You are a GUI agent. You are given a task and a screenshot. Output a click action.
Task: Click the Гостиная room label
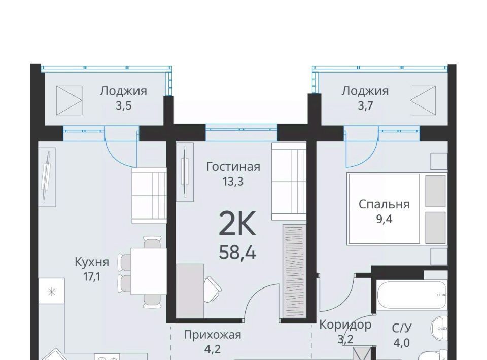pos(233,167)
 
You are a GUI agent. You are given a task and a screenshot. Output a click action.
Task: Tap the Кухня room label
pos(92,262)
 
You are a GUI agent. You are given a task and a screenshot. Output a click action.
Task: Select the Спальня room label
pos(384,204)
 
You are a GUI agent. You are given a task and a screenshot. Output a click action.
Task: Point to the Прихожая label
pos(213,335)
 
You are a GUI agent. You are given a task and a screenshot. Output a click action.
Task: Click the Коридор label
pos(345,325)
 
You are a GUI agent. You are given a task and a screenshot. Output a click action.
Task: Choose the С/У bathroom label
pos(402,328)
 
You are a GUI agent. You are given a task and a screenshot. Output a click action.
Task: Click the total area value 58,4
pos(237,253)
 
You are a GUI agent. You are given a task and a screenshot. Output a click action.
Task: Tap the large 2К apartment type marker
pos(237,223)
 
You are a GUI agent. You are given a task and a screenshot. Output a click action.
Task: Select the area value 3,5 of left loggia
pos(124,106)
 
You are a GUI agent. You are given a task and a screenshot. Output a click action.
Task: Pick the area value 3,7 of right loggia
pos(365,106)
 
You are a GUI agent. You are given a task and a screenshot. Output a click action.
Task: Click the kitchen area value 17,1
pos(92,277)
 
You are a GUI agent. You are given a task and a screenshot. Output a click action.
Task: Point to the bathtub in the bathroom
pos(411,295)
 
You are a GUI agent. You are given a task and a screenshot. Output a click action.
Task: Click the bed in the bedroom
pos(397,208)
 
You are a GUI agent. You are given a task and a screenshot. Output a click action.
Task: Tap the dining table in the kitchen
pos(149,271)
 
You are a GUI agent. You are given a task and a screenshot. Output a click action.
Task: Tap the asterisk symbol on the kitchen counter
pos(51,292)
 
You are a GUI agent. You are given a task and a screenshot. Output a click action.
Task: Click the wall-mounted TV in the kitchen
pos(47,177)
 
